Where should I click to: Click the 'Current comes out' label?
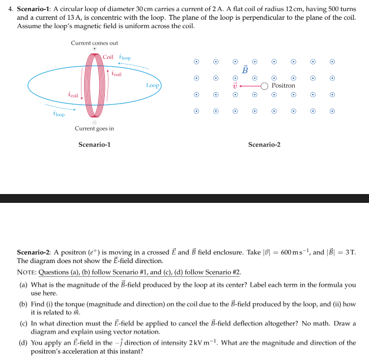(x=94, y=43)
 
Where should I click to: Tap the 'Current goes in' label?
(x=94, y=128)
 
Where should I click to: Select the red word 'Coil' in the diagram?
(x=108, y=57)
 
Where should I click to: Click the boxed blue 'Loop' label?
(x=153, y=85)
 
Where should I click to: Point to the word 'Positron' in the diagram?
(x=283, y=85)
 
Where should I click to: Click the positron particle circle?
(x=264, y=85)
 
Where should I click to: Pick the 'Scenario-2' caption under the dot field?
(x=264, y=144)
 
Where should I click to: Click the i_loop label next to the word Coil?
(x=125, y=57)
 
